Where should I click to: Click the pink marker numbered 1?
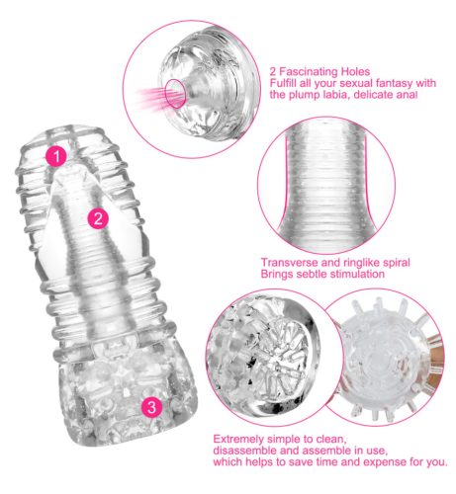tap(56, 156)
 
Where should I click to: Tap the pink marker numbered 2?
tap(98, 218)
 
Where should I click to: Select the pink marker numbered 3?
tap(151, 407)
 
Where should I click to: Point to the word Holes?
tap(355, 71)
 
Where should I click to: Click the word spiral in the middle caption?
tap(397, 263)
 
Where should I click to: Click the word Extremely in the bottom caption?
tap(238, 440)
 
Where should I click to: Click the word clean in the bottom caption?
tap(331, 440)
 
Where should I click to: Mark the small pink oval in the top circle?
tap(175, 94)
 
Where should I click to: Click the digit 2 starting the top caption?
tap(273, 72)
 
